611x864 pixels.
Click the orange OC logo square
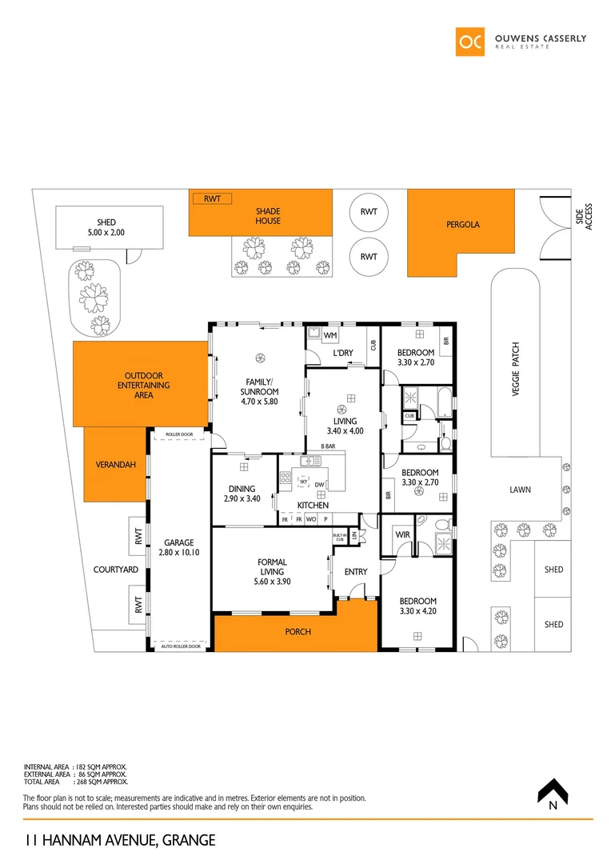point(471,42)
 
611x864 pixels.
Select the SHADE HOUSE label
point(268,216)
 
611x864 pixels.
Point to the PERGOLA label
point(463,225)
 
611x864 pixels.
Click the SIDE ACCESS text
point(584,217)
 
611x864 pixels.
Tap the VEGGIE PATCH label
point(516,370)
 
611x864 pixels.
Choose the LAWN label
point(521,490)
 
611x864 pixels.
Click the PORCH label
point(298,632)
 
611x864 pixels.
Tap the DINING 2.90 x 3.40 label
point(242,494)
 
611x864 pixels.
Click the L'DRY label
point(343,353)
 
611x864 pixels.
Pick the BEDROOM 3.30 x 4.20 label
point(417,606)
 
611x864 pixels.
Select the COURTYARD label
point(116,570)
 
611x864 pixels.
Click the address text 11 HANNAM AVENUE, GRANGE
point(119,841)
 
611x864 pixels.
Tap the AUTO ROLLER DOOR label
point(179,645)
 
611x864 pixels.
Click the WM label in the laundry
point(330,334)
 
